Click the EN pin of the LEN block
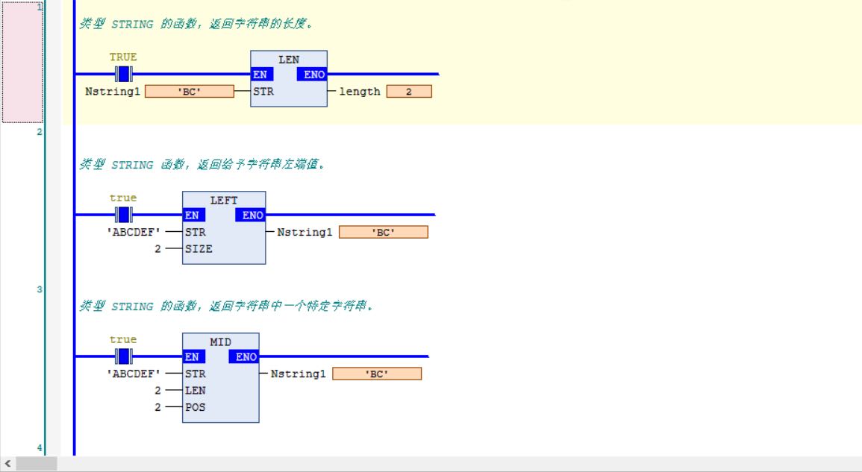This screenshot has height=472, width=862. [x=262, y=74]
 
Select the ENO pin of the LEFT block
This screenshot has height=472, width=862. [x=251, y=215]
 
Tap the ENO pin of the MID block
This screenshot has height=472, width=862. [x=244, y=356]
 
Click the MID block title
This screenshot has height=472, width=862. [x=220, y=342]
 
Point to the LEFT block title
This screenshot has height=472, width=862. [x=224, y=201]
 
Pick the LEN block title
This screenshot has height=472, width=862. [x=289, y=60]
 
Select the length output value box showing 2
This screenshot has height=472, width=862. [x=409, y=91]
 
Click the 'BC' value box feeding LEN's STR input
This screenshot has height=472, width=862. [x=190, y=91]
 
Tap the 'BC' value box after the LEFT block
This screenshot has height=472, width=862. [x=383, y=232]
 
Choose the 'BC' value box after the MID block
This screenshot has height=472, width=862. [x=377, y=374]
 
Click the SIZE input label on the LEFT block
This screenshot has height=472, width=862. [x=199, y=248]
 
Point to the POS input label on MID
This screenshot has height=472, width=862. [x=195, y=407]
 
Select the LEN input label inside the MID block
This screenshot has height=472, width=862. [x=195, y=390]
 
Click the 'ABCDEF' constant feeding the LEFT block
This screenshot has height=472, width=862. [x=134, y=232]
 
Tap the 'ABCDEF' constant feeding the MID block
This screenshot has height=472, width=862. [x=134, y=374]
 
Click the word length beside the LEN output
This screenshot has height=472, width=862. [x=360, y=91]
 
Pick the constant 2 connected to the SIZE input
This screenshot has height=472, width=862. [x=157, y=249]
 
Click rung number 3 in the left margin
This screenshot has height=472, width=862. [x=39, y=289]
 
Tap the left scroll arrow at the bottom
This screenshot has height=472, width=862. [x=7, y=464]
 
